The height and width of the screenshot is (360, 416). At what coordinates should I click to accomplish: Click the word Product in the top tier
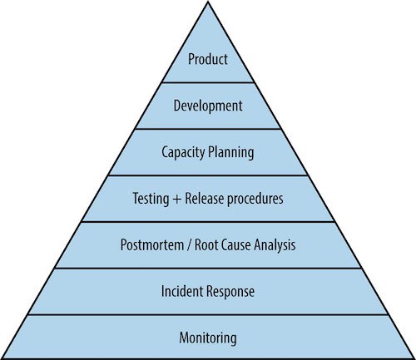click(x=208, y=59)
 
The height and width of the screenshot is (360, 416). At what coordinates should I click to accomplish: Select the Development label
click(x=208, y=106)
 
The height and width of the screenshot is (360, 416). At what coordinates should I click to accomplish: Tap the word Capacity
click(x=183, y=153)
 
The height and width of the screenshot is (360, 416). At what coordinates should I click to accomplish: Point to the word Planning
click(x=231, y=153)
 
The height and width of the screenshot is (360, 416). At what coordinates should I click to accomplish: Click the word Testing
click(x=151, y=199)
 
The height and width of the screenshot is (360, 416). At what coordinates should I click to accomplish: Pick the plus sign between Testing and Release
click(x=177, y=200)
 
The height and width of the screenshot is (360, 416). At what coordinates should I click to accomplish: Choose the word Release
click(x=204, y=199)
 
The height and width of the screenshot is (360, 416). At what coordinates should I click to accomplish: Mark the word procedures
click(x=255, y=200)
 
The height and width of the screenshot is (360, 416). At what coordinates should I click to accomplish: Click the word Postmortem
click(x=152, y=244)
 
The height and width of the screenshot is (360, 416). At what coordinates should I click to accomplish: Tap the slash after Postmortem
click(x=190, y=245)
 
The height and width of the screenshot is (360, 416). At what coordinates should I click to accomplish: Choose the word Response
click(x=230, y=292)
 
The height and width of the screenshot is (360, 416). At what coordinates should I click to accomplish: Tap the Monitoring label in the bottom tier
click(x=208, y=338)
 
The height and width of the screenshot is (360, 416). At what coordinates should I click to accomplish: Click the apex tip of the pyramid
click(x=208, y=1)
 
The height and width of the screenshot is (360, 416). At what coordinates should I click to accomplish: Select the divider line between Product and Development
click(x=208, y=82)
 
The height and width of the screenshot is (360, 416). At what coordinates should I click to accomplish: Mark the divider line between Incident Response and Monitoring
click(x=208, y=314)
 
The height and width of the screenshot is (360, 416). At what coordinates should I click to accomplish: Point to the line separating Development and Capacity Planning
click(x=208, y=129)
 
